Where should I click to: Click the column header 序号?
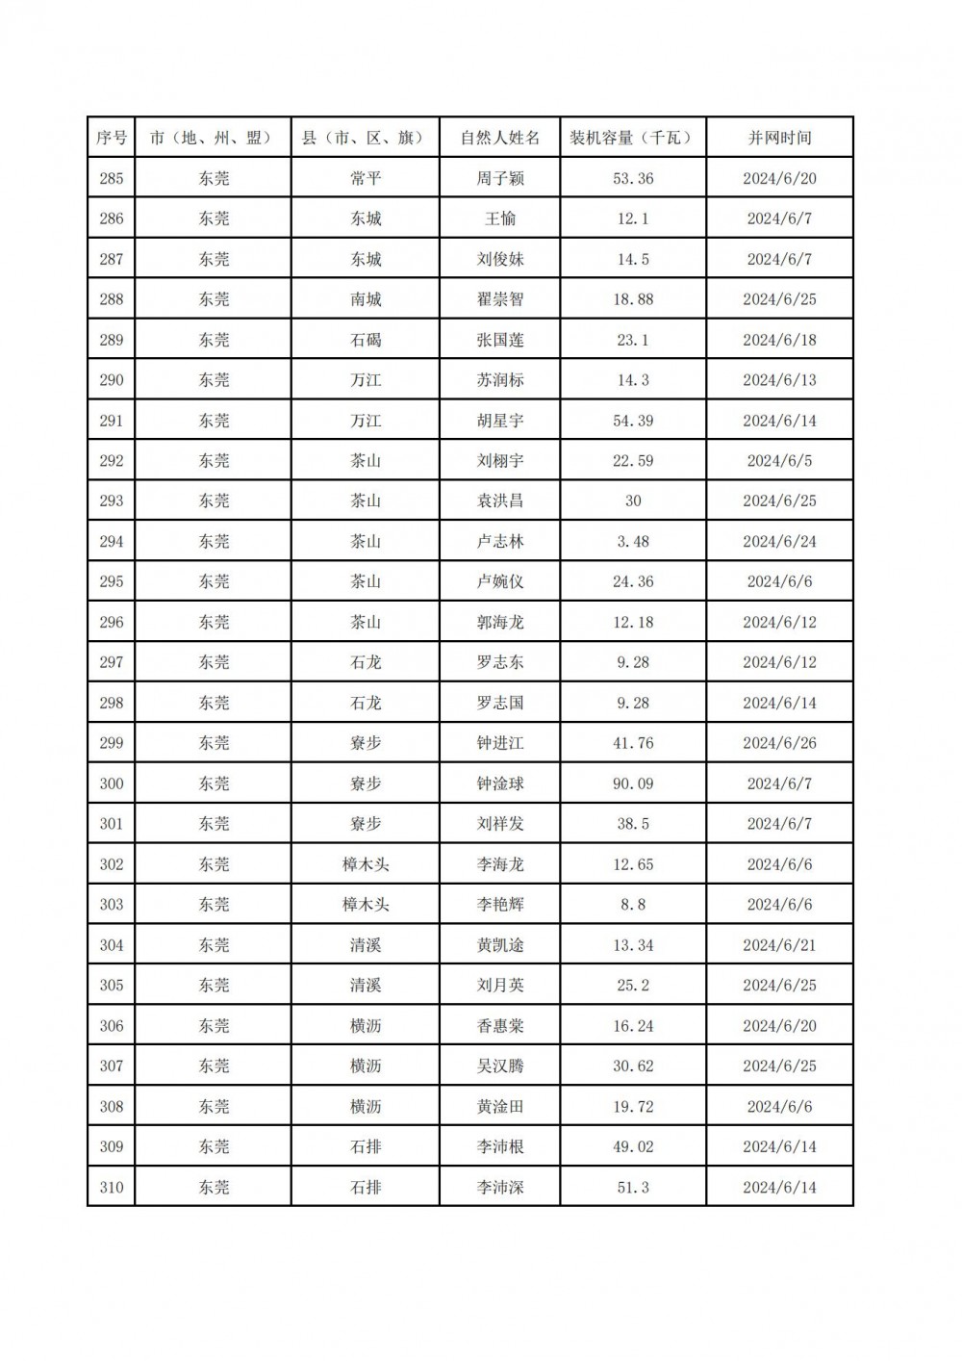pos(112,138)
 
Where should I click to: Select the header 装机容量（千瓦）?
pos(632,138)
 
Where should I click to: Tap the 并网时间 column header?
pos(779,138)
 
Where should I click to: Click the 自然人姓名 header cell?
pos(499,138)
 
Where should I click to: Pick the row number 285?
pos(112,178)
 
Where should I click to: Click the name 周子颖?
pos(499,178)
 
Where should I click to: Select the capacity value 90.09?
pos(632,783)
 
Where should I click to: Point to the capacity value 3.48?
pos(632,541)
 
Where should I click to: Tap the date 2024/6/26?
pos(779,743)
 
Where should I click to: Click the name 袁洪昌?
pos(499,501)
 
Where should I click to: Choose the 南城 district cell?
pos(366,299)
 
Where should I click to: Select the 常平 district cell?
pos(366,178)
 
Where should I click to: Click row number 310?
pos(112,1187)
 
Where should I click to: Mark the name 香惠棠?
pos(499,1026)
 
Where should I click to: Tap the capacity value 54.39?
pos(632,421)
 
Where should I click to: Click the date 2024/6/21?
pos(779,945)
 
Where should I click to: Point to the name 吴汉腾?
pos(499,1066)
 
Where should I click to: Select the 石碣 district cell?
pos(366,340)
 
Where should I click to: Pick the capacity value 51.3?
pos(632,1187)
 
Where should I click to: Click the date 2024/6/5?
pos(779,460)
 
